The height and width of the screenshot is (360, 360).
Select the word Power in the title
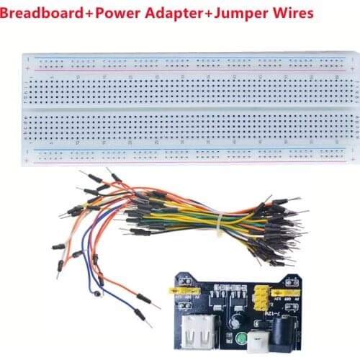(118, 12)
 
